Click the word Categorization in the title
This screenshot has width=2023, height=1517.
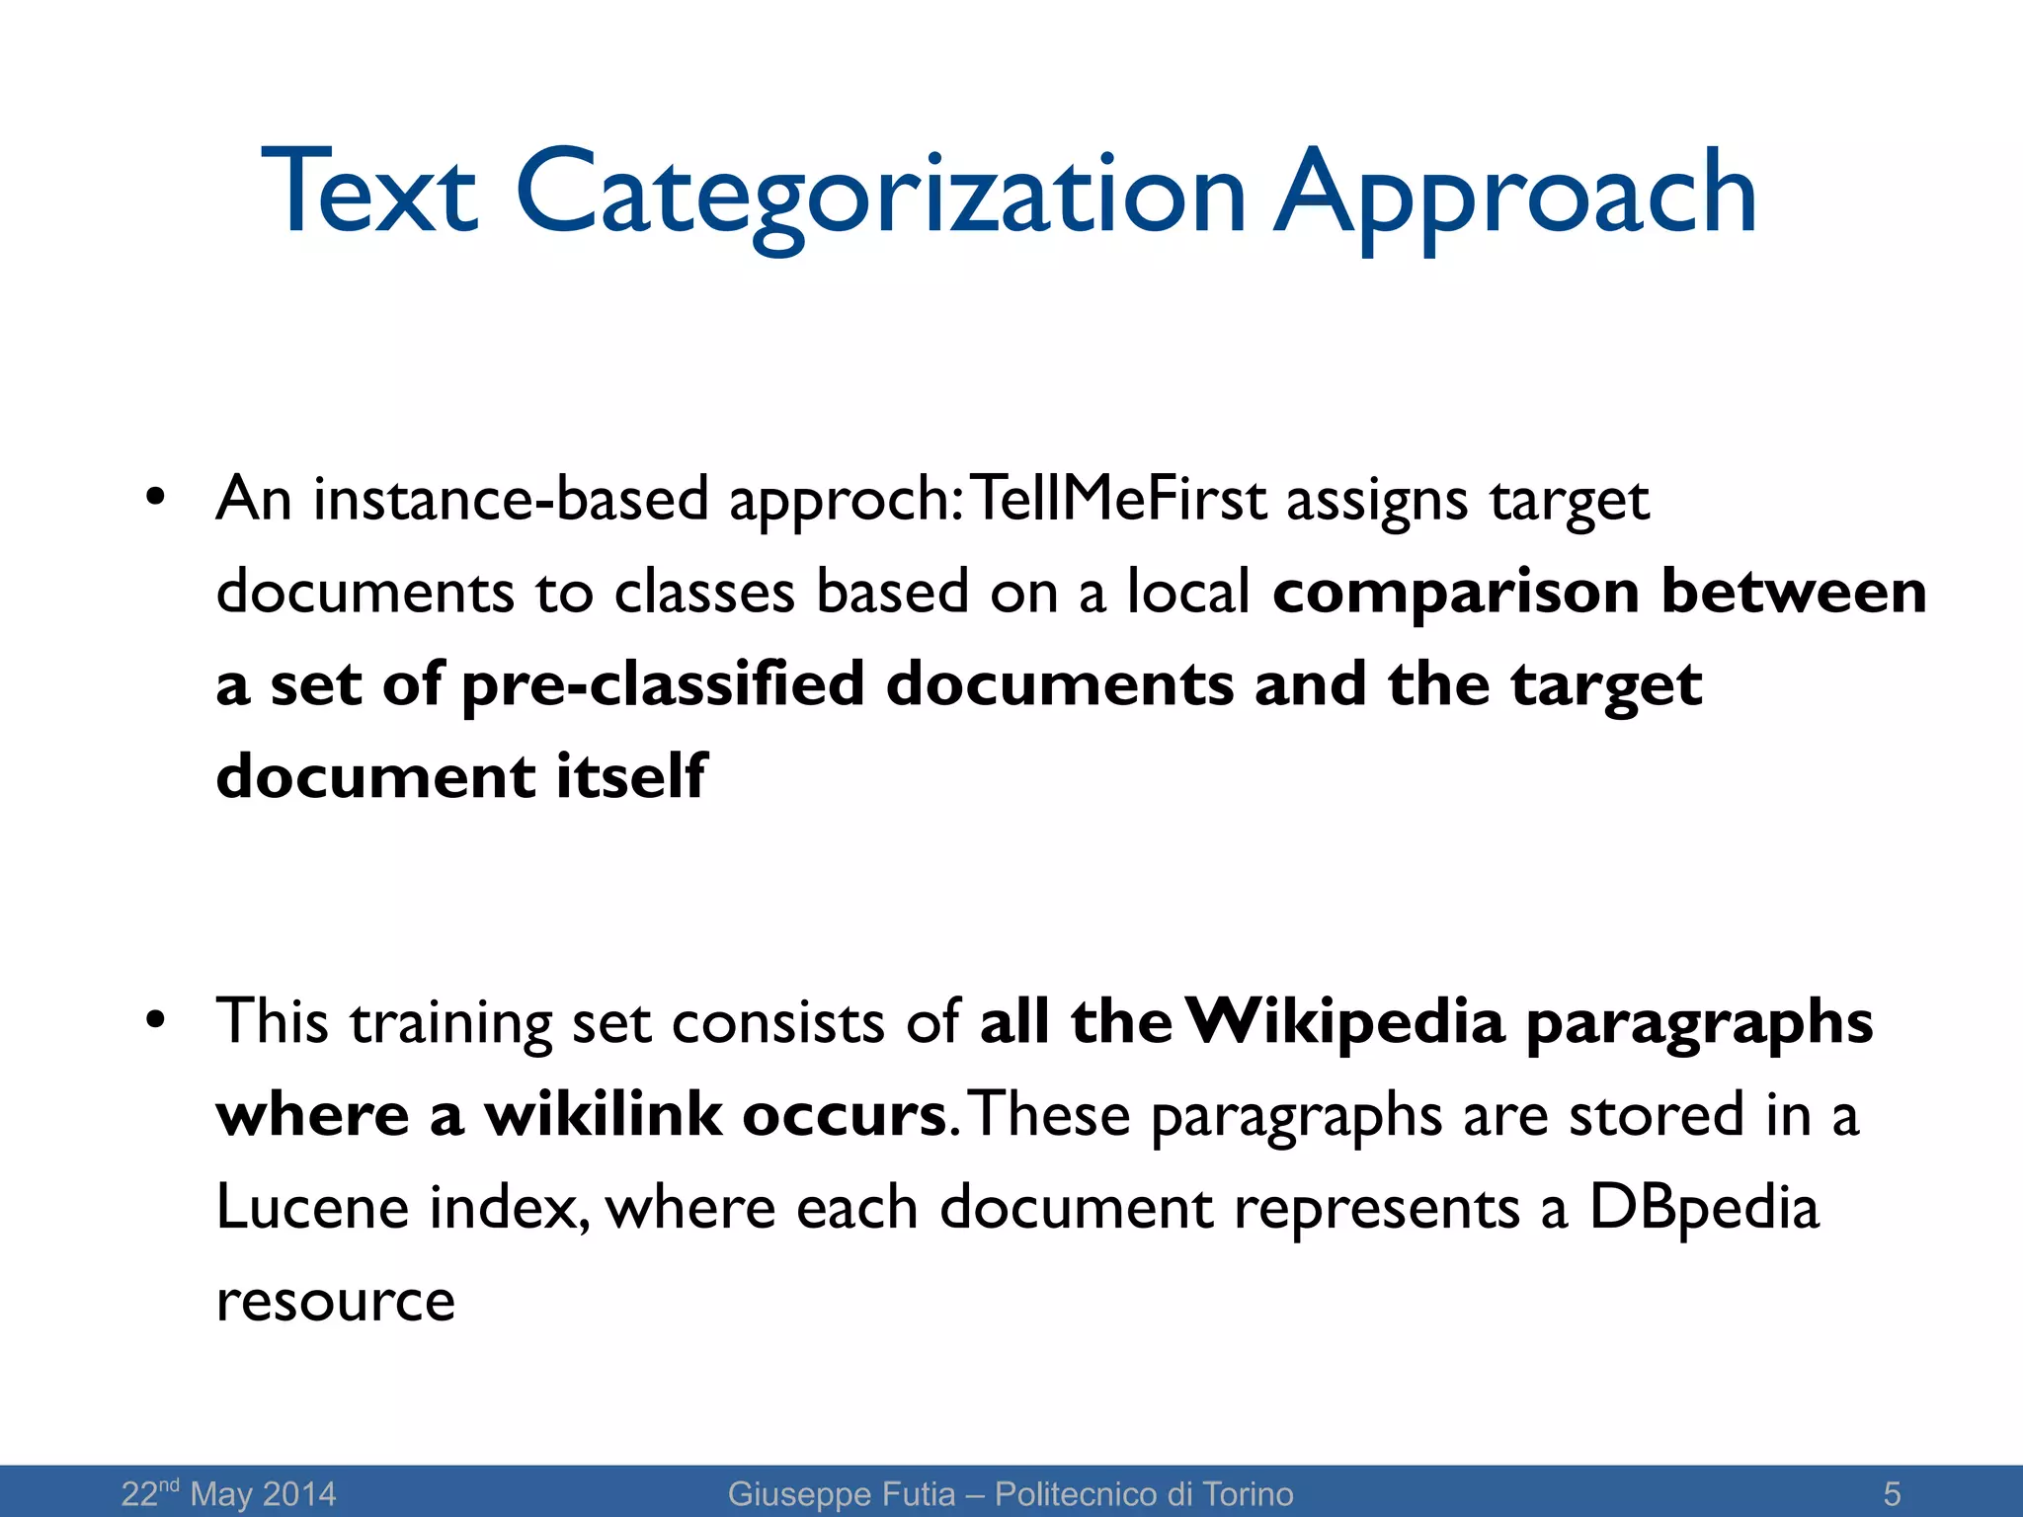pyautogui.click(x=879, y=194)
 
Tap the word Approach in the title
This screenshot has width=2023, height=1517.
pyautogui.click(x=1515, y=194)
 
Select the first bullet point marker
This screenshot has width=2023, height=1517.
pyautogui.click(x=154, y=497)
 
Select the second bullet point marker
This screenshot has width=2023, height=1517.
pyautogui.click(x=154, y=1020)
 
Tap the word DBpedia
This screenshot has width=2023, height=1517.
pyautogui.click(x=1703, y=1209)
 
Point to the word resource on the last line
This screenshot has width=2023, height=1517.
pyautogui.click(x=336, y=1302)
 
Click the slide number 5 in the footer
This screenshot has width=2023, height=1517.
pyautogui.click(x=1892, y=1493)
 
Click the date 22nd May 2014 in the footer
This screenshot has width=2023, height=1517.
pyautogui.click(x=228, y=1493)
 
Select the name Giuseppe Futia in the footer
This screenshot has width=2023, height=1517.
pyautogui.click(x=842, y=1493)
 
